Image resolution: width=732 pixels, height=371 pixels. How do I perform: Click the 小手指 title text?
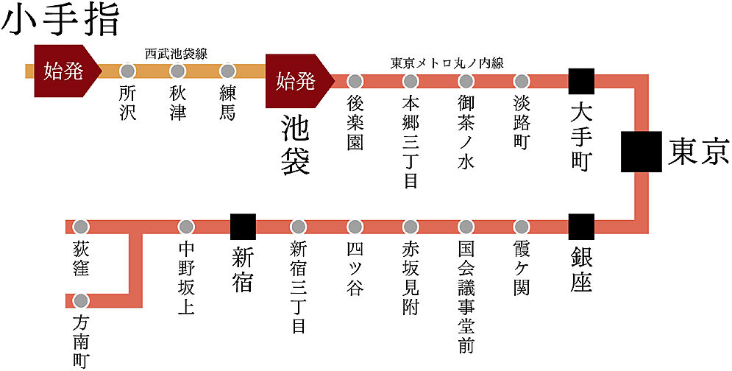click(60, 21)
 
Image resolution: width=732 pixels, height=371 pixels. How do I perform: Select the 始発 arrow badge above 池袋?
click(299, 81)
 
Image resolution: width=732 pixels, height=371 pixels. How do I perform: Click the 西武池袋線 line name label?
click(176, 54)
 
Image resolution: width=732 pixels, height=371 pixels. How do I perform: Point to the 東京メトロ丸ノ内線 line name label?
click(447, 63)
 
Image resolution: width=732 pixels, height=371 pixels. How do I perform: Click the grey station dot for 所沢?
click(127, 71)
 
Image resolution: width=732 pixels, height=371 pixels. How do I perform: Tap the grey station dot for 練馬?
click(227, 71)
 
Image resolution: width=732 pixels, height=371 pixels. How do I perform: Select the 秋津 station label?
click(177, 103)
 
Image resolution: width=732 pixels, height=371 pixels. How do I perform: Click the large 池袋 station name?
click(296, 145)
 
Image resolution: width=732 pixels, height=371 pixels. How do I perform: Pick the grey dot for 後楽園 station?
click(355, 81)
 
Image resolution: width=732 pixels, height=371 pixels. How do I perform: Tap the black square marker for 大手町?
click(582, 81)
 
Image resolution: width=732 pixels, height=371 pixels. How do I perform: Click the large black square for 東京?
click(642, 152)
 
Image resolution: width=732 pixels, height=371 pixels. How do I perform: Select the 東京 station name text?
click(698, 152)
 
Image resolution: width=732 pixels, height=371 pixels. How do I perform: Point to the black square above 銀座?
click(582, 227)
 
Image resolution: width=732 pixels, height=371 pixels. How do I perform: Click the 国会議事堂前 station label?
click(466, 297)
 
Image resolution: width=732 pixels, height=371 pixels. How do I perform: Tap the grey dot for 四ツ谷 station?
click(355, 227)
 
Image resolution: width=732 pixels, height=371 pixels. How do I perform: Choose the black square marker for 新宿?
click(244, 227)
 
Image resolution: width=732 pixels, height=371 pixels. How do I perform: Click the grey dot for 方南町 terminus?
click(81, 300)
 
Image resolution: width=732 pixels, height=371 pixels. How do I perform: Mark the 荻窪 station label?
click(81, 258)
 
